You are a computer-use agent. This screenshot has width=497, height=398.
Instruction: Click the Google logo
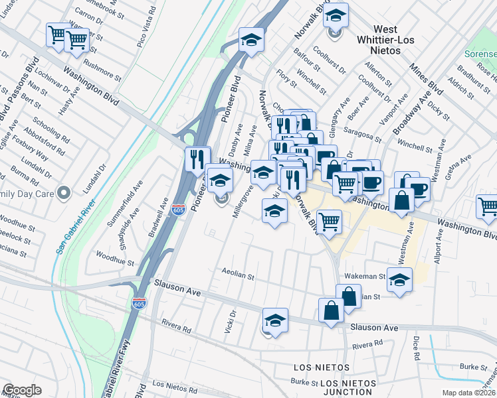[x=22, y=390]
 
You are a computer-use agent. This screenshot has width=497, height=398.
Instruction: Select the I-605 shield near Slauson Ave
[x=139, y=303]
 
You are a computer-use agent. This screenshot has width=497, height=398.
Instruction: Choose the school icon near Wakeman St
[x=399, y=279]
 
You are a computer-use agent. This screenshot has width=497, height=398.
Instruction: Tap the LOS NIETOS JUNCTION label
[x=349, y=387]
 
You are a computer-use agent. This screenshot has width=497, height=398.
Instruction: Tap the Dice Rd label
[x=416, y=348]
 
